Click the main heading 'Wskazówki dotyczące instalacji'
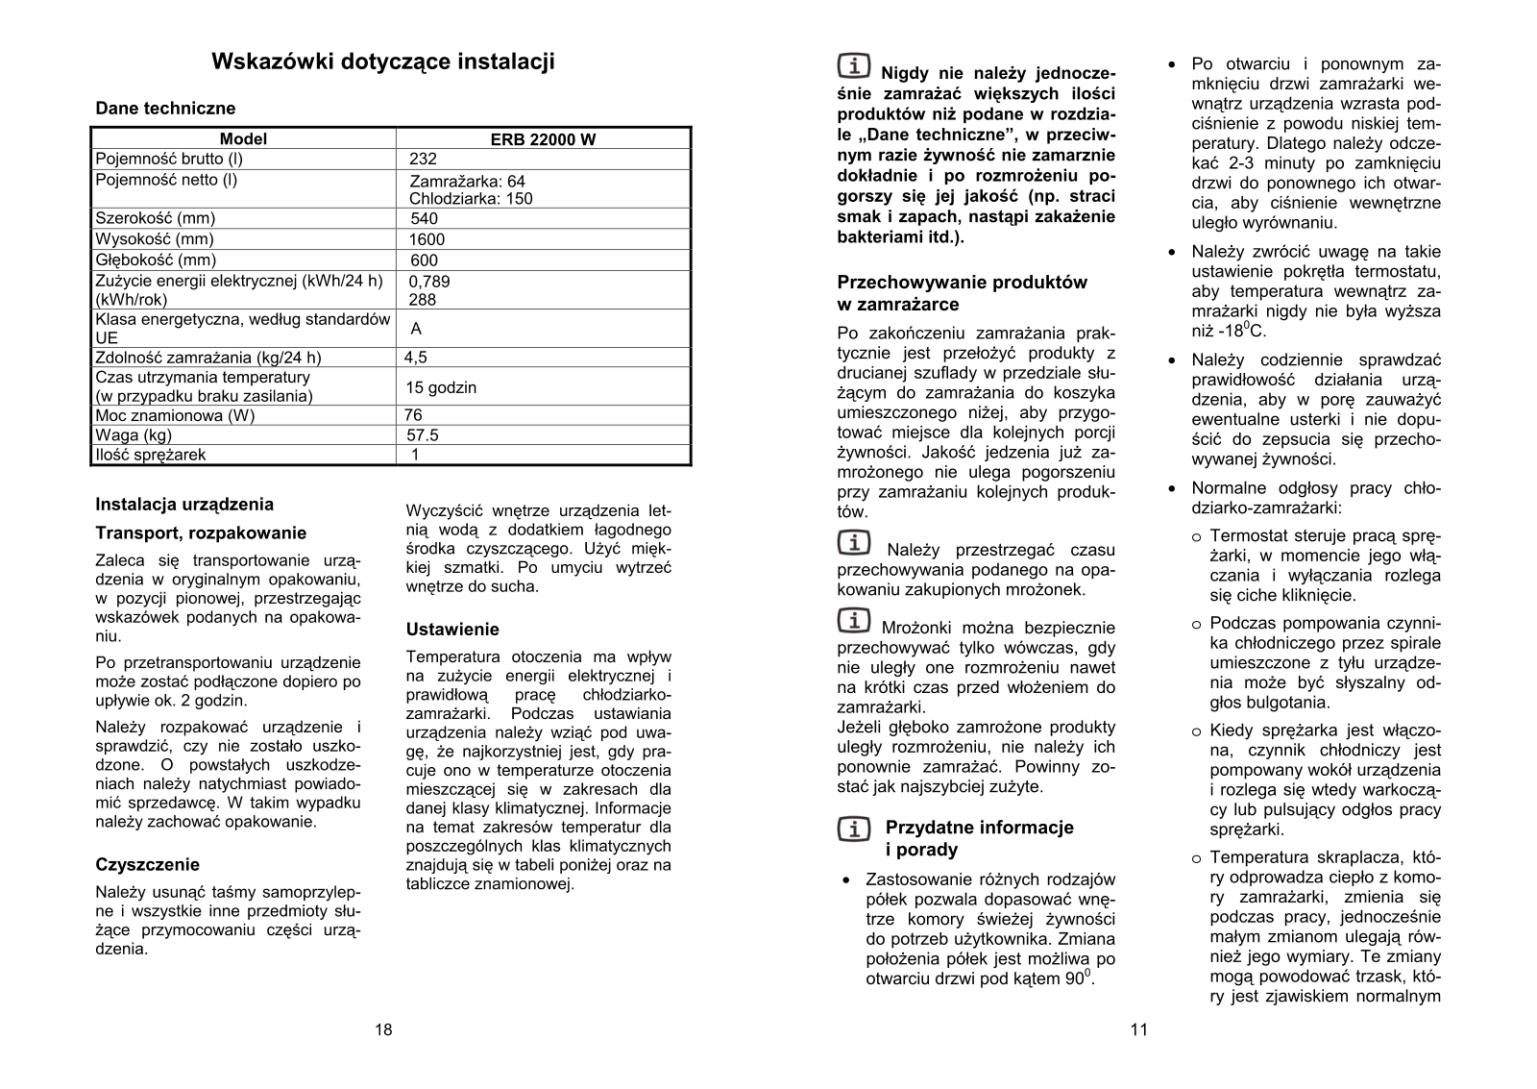[x=382, y=62]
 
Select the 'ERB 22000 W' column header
[x=543, y=139]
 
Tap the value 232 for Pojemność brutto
[x=423, y=160]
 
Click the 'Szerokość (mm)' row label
[x=155, y=218]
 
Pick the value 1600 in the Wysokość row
[x=427, y=239]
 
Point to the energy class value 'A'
[x=416, y=329]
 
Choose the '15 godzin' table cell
[x=441, y=387]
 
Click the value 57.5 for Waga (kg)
[x=423, y=435]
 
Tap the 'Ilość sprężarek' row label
[x=150, y=455]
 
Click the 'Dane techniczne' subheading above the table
[x=165, y=109]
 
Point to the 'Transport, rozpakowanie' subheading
[x=201, y=533]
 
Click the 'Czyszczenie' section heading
[x=148, y=864]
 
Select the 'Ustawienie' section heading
[x=452, y=630]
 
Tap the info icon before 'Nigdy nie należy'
[x=854, y=66]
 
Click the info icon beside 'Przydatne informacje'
[x=854, y=828]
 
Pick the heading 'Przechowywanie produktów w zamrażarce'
[x=962, y=293]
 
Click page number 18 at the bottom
[x=383, y=1030]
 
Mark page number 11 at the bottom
[x=1139, y=1030]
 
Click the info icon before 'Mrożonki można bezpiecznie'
[x=854, y=621]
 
